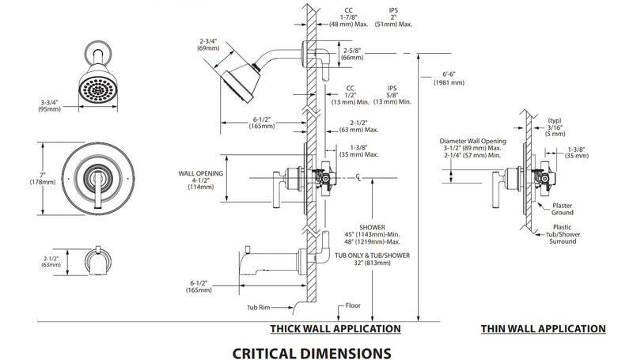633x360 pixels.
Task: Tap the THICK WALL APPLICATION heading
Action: pos(335,328)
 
